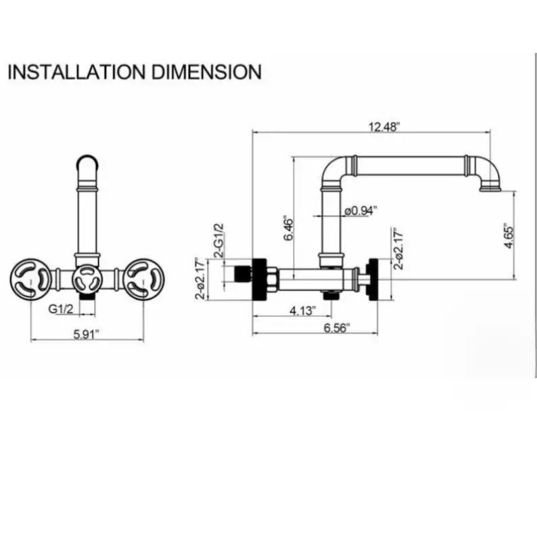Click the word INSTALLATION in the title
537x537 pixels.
click(76, 72)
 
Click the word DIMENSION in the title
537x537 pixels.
click(206, 72)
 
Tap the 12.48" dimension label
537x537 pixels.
click(384, 127)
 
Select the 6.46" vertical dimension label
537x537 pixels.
click(289, 229)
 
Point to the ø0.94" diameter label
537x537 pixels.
click(361, 210)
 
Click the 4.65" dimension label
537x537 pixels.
click(509, 236)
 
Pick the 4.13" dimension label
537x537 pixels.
click(302, 310)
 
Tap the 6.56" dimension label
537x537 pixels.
click(337, 328)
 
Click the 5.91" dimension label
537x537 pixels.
click(87, 334)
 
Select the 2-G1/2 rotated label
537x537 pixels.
click(218, 240)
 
